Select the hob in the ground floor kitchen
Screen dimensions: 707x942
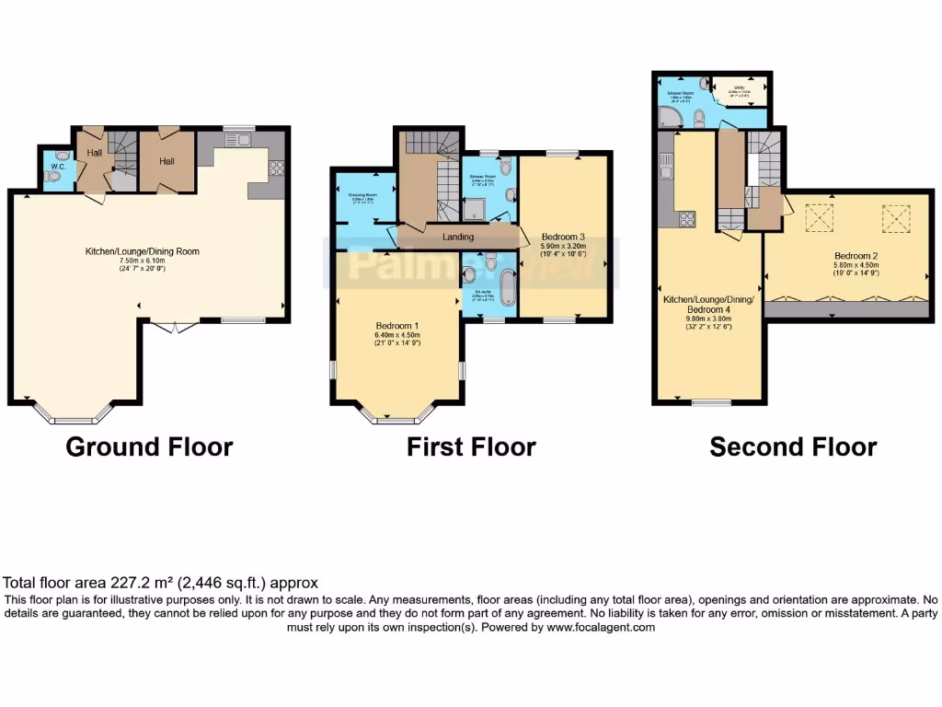click(x=274, y=169)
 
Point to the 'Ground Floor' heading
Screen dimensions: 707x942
click(x=149, y=447)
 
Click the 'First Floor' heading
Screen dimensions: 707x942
click(x=471, y=447)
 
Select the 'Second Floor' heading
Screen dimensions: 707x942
click(x=793, y=447)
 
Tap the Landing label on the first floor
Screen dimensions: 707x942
click(x=457, y=237)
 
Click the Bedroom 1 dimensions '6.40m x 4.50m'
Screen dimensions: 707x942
click(x=397, y=336)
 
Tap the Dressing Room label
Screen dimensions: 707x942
click(x=365, y=195)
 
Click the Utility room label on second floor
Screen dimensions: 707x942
click(x=739, y=87)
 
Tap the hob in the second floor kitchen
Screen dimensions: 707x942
click(x=686, y=219)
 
